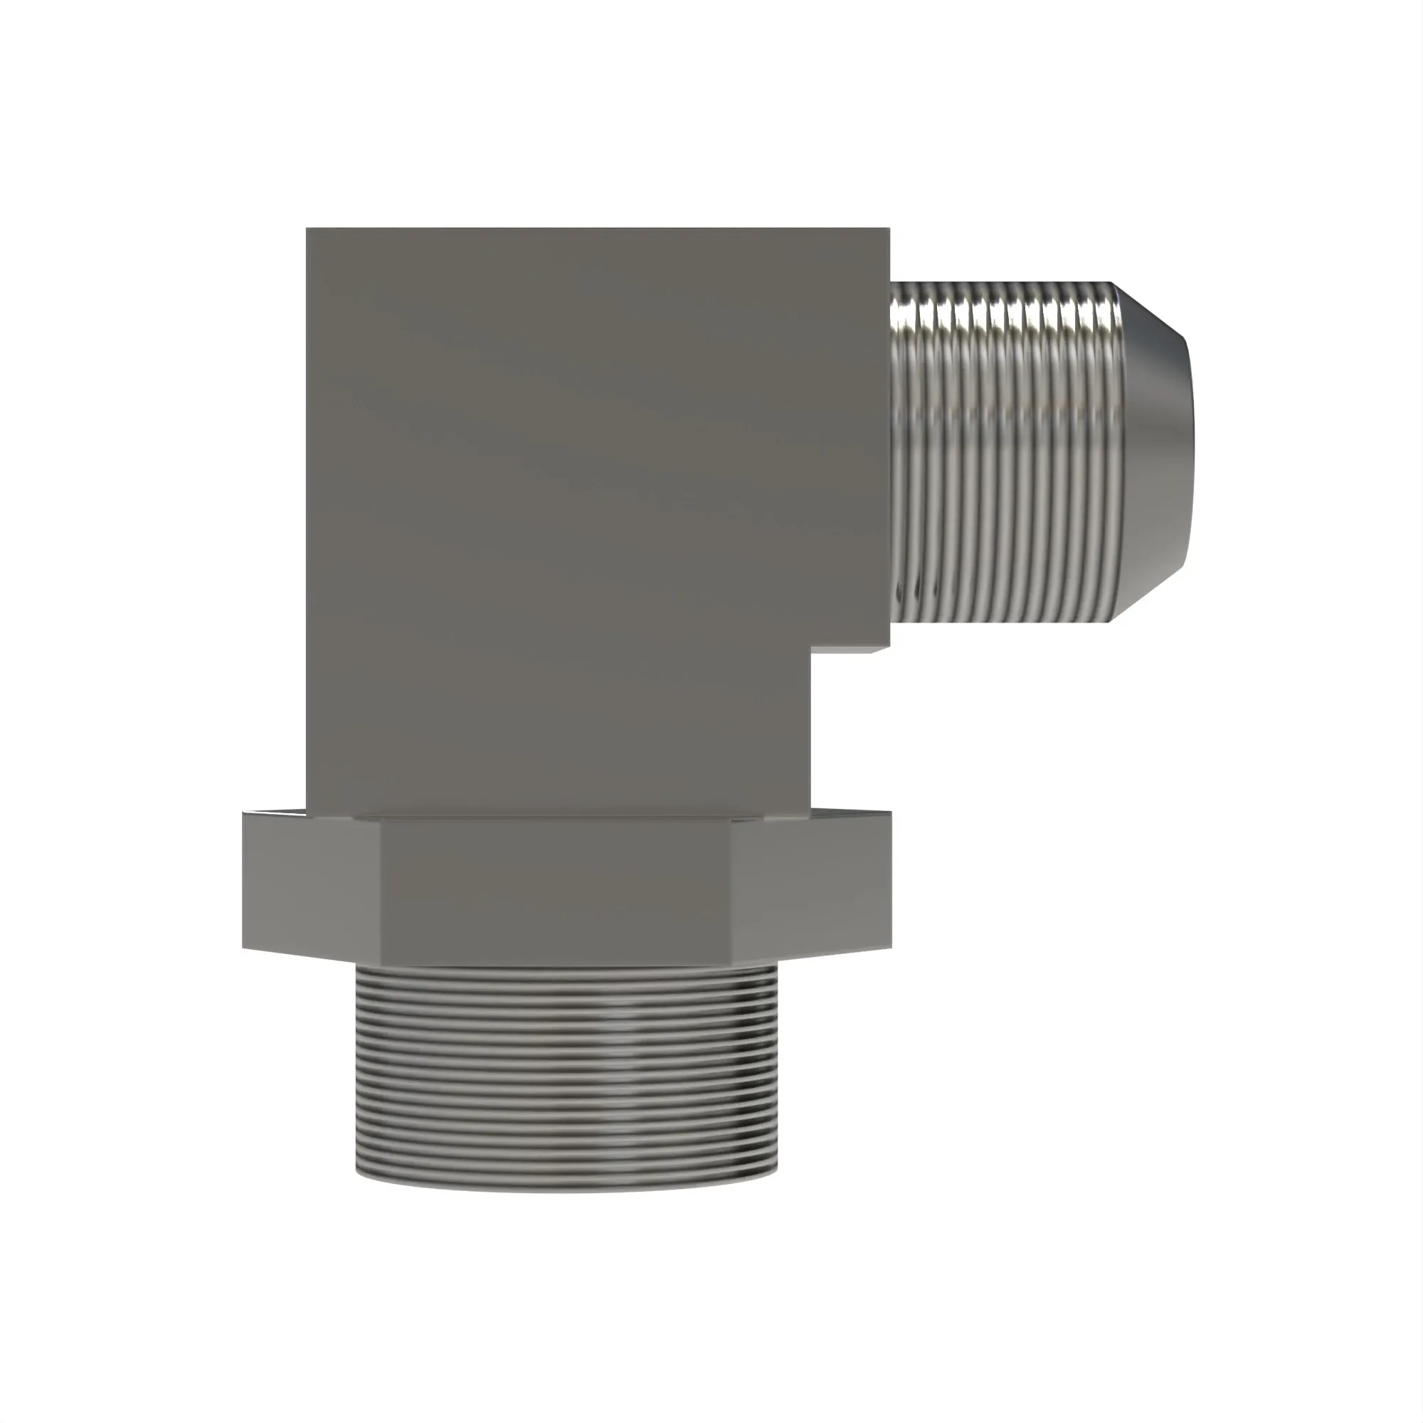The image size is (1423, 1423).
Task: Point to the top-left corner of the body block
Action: [307, 228]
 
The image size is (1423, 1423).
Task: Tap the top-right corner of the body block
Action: [889, 228]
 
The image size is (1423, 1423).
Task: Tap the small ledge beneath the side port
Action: [851, 650]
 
